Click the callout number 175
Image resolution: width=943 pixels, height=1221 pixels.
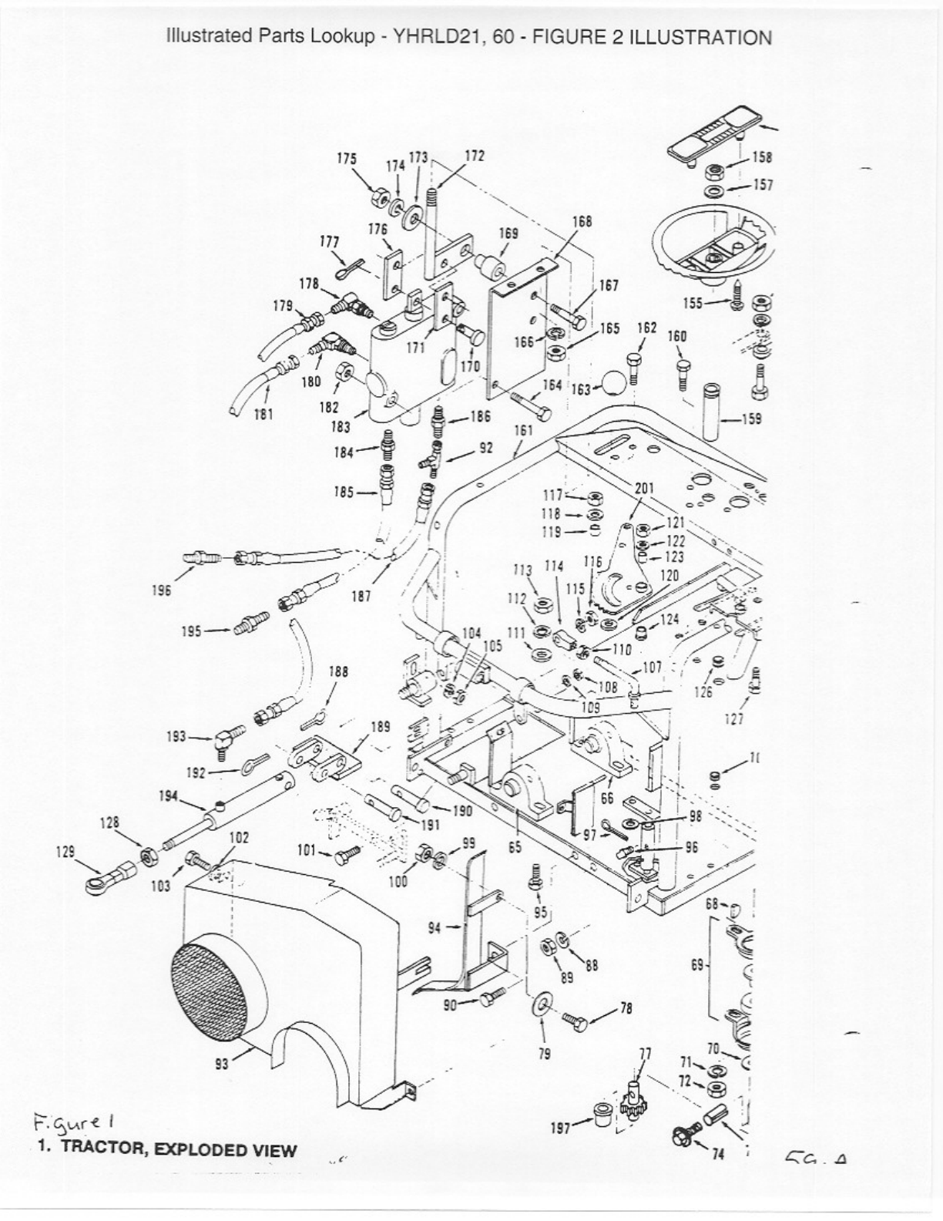point(347,158)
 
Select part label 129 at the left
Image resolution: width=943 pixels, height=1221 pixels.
point(66,852)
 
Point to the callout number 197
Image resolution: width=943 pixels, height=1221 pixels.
point(560,1128)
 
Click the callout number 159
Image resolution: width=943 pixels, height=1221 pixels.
point(750,419)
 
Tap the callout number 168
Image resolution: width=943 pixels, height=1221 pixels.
point(582,221)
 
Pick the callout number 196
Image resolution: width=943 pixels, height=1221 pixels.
point(162,591)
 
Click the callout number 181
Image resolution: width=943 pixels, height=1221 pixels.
point(263,413)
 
